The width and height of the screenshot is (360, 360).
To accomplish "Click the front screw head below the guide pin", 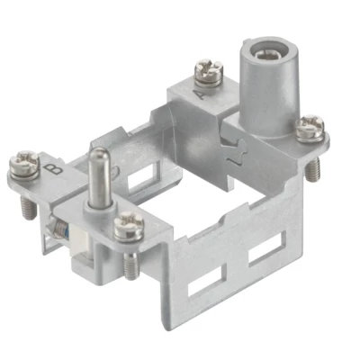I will (129, 226).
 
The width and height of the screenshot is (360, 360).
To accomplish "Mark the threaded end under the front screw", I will (133, 263).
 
